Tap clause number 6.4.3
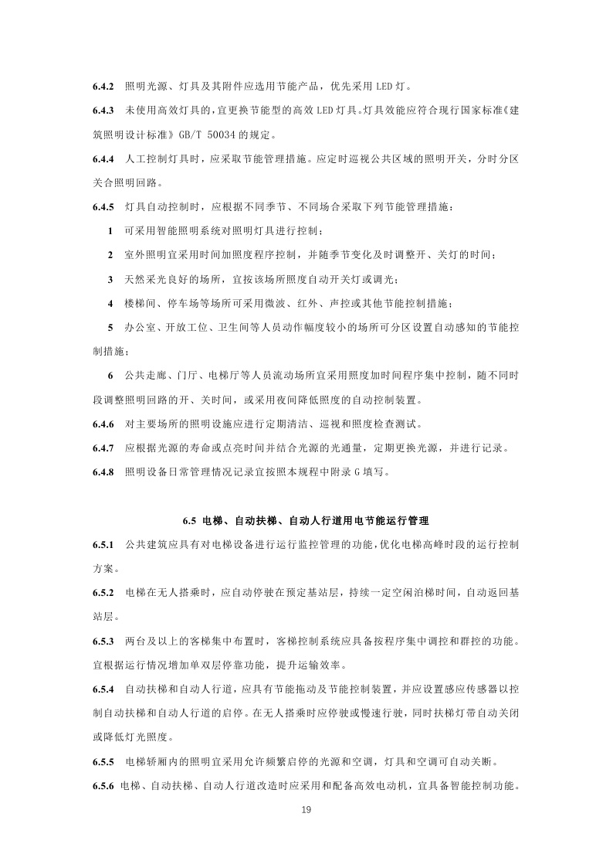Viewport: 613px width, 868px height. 103,111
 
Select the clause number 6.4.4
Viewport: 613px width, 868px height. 103,158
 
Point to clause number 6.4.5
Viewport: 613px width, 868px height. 103,207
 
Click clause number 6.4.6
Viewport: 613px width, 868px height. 103,424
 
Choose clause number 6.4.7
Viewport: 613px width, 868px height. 103,448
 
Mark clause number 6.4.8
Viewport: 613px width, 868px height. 103,472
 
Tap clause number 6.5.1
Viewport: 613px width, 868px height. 103,545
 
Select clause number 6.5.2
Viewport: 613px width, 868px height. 103,593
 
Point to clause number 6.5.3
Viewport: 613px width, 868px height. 103,641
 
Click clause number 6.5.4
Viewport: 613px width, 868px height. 103,689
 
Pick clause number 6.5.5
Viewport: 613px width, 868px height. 103,761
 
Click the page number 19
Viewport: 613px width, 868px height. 306,810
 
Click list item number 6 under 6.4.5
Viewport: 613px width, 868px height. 111,376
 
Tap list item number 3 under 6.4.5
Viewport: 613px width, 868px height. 111,279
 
